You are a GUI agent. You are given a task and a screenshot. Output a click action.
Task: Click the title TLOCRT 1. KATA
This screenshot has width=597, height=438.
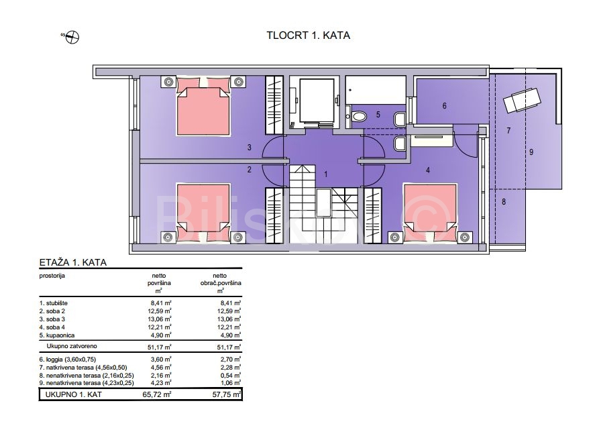tap(308, 36)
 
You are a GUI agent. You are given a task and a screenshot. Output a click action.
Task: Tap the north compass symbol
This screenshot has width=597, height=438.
tap(72, 37)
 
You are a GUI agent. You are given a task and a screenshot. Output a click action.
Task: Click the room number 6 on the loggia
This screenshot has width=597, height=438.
tap(444, 105)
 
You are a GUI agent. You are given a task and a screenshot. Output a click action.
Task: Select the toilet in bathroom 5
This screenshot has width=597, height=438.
tap(358, 115)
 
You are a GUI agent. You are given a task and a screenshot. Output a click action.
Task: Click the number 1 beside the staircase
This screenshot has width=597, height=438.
tap(325, 174)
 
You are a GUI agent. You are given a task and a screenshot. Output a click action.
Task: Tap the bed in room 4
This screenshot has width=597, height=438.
tap(430, 213)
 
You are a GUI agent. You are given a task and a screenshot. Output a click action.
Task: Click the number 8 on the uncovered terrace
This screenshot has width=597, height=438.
tap(504, 201)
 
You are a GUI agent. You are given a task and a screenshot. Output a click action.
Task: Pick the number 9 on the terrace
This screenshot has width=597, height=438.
tap(531, 152)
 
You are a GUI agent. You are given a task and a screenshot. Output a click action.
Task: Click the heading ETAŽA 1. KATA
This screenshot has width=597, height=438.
tap(73, 262)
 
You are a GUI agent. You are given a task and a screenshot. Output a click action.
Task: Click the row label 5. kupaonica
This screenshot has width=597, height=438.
tap(57, 335)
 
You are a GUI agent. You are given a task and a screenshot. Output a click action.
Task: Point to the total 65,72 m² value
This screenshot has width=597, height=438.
tap(157, 394)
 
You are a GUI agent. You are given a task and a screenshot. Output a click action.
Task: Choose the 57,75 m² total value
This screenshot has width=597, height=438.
tap(227, 394)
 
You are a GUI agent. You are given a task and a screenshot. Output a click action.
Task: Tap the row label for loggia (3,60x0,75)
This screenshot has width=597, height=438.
tap(68, 359)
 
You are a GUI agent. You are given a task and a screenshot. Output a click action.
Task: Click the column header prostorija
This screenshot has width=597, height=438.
tap(52, 276)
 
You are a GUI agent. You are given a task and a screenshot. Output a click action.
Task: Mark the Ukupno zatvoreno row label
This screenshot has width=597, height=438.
tap(72, 346)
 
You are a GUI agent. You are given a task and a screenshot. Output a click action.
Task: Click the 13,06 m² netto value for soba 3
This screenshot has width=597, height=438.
tap(159, 319)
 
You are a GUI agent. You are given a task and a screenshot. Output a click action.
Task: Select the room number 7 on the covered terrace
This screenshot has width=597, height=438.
tap(508, 131)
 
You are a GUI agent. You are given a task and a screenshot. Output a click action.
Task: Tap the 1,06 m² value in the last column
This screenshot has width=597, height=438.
tap(231, 383)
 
